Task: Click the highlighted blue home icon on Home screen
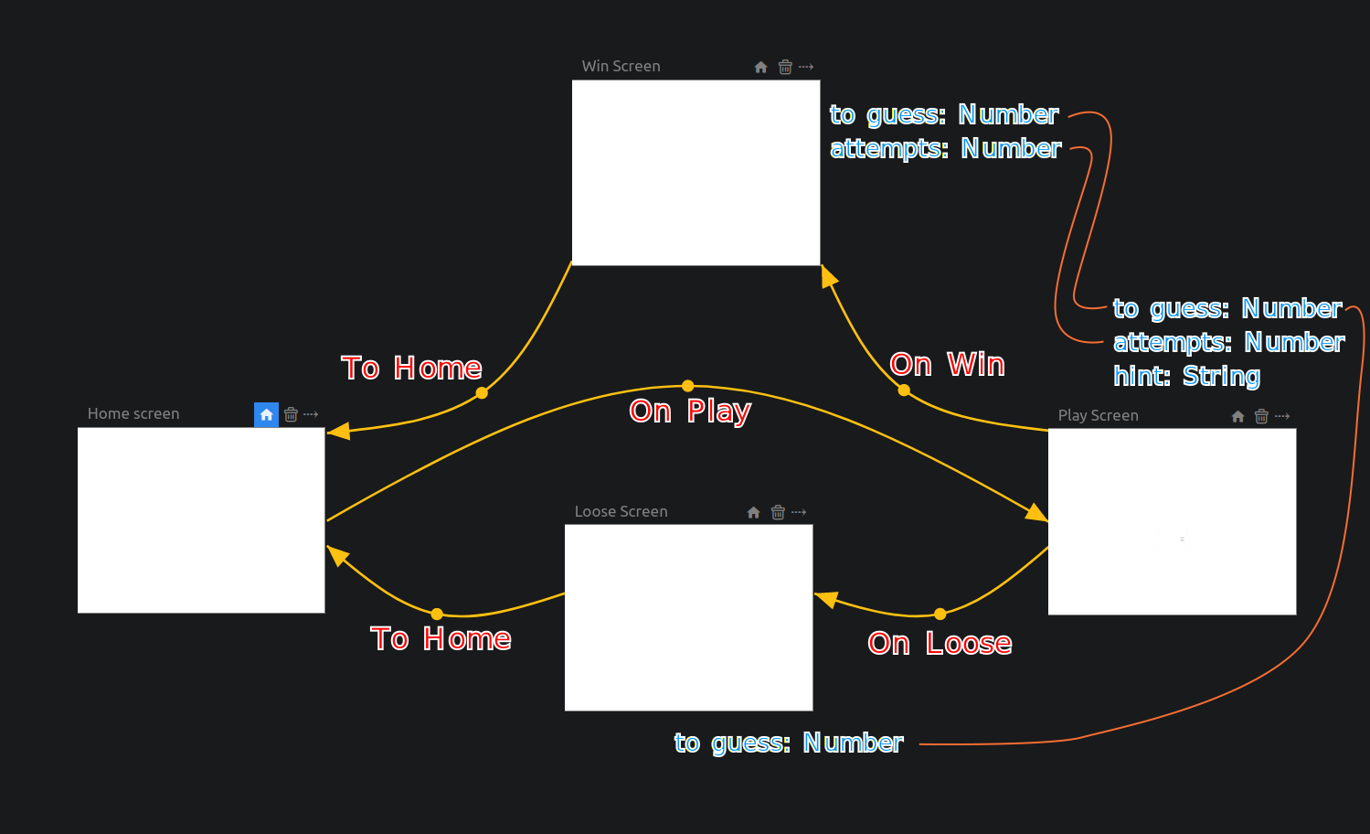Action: click(x=266, y=415)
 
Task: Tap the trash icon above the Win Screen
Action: click(x=785, y=67)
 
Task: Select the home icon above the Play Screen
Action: click(x=1237, y=416)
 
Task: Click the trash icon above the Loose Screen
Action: click(x=778, y=512)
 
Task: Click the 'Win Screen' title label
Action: click(x=621, y=67)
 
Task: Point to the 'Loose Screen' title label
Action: click(x=621, y=512)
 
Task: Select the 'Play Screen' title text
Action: click(x=1098, y=416)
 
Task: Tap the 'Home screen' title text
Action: click(x=133, y=414)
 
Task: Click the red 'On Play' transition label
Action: click(x=690, y=412)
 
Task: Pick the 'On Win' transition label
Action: click(x=947, y=365)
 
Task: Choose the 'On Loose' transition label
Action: click(x=940, y=644)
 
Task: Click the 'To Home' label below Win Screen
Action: click(x=411, y=369)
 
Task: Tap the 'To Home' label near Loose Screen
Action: click(x=441, y=639)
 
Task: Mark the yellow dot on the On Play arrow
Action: click(x=688, y=386)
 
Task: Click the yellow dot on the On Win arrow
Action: click(x=904, y=390)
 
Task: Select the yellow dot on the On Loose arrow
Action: click(x=940, y=614)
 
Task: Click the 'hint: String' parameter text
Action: click(x=1186, y=377)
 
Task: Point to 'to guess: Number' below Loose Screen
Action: click(x=788, y=743)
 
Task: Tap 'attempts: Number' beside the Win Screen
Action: click(x=945, y=149)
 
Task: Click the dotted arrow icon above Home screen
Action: click(x=311, y=415)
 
